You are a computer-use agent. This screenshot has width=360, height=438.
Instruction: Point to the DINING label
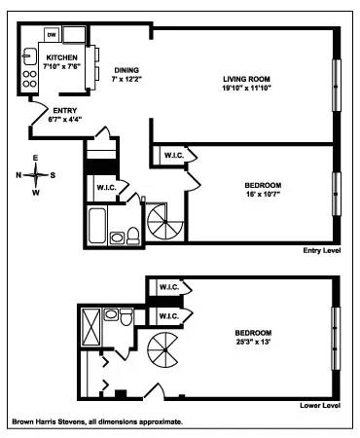pyautogui.click(x=126, y=70)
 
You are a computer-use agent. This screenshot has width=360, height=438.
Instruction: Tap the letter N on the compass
pyautogui.click(x=18, y=175)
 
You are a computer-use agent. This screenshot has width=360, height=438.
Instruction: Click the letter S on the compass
pyautogui.click(x=53, y=175)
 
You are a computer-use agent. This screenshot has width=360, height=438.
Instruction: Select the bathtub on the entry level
pyautogui.click(x=97, y=225)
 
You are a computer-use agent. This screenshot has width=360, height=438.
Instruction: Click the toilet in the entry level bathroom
pyautogui.click(x=118, y=236)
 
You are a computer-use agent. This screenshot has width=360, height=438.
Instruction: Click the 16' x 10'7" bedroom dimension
pyautogui.click(x=263, y=193)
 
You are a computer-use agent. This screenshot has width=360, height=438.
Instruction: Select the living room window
pyautogui.click(x=337, y=89)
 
